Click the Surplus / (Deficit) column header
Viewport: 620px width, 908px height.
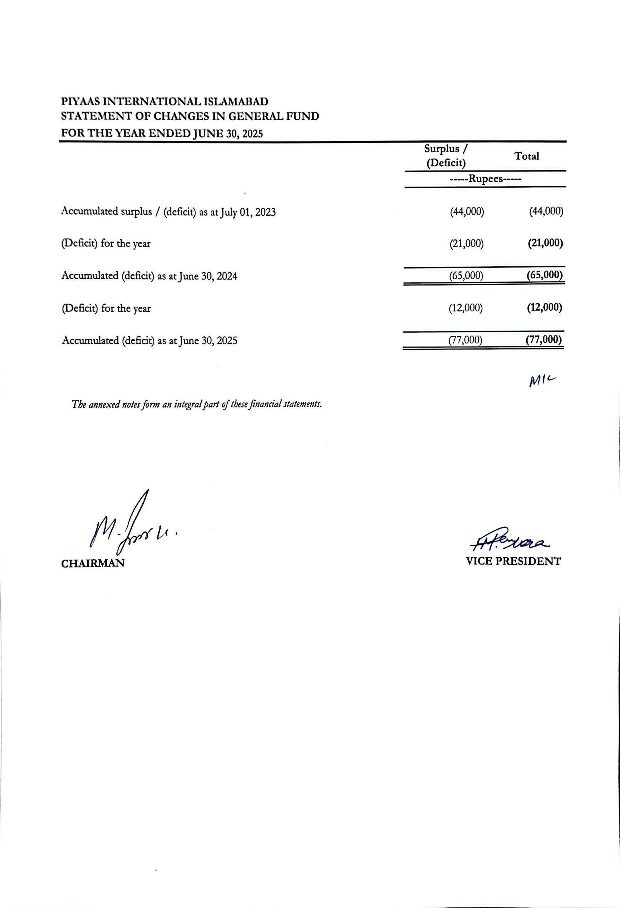click(446, 156)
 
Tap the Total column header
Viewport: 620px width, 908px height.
click(527, 156)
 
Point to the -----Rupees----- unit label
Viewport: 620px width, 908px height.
click(486, 179)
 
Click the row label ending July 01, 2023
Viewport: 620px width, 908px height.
click(168, 212)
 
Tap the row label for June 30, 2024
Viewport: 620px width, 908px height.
click(149, 276)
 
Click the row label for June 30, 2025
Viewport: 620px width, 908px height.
click(149, 341)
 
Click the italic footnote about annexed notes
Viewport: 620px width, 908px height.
click(196, 405)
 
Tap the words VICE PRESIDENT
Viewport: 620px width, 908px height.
click(513, 562)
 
